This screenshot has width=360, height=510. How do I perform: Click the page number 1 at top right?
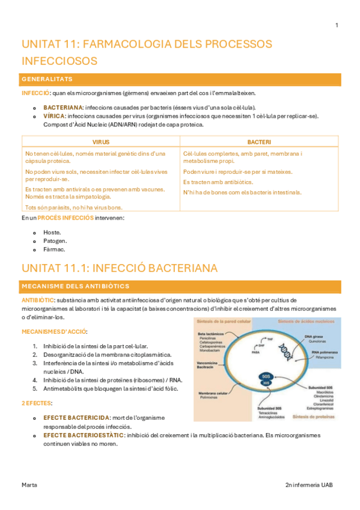point(337,25)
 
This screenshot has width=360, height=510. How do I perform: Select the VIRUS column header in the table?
point(100,142)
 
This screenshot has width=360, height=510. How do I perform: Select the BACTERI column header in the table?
point(259,142)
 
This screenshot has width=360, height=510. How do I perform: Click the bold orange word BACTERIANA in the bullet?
point(63,107)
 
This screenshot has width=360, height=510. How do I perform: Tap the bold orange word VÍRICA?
point(55,116)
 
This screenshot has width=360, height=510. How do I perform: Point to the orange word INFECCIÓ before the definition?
point(35,93)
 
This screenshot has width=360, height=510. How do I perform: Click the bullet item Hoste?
point(52,232)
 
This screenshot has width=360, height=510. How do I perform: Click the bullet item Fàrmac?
point(54,249)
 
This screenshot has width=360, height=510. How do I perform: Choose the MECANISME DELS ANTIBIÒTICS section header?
point(75,286)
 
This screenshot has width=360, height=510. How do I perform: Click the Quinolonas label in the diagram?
point(318,341)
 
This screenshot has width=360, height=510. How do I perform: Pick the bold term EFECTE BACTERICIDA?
point(76,417)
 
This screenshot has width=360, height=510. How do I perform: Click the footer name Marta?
point(29,484)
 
